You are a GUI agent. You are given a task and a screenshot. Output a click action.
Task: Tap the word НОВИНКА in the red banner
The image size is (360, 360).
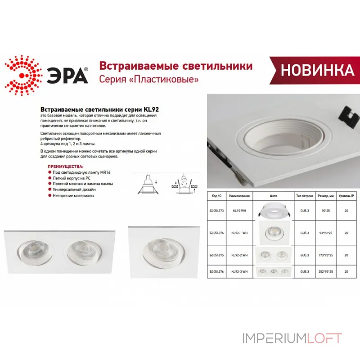(x=317, y=71)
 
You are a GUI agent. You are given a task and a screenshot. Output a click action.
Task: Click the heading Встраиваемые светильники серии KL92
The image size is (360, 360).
(x=100, y=109)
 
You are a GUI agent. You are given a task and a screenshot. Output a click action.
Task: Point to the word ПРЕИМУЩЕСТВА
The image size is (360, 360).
(x=62, y=166)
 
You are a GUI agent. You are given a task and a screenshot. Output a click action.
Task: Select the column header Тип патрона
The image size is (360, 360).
(x=305, y=196)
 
